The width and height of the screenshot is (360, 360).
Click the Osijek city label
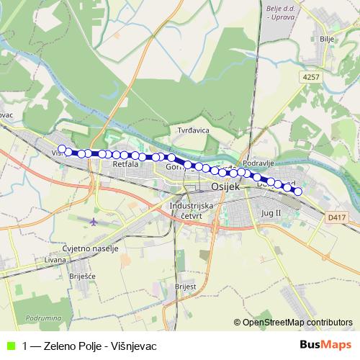click(225, 186)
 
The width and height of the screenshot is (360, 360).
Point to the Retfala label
click(125, 165)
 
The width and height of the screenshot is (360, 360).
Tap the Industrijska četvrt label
click(192, 210)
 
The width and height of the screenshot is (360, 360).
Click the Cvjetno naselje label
click(90, 248)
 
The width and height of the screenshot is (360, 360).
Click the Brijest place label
click(185, 285)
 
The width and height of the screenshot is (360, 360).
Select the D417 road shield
click(336, 215)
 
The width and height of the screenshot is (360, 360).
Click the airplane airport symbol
click(95, 221)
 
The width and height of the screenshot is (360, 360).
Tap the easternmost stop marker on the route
click(297, 192)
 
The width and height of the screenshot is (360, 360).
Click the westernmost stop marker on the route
click(62, 149)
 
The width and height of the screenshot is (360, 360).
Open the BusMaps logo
click(325, 344)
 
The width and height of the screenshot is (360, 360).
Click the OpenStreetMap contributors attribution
click(297, 322)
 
